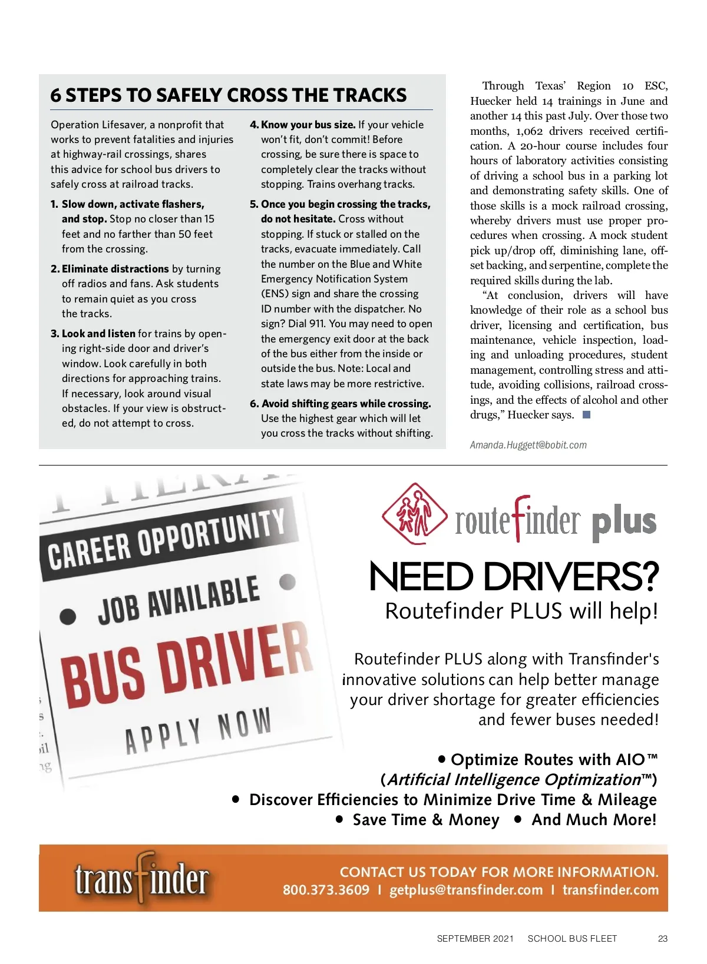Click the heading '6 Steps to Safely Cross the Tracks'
pos(229,95)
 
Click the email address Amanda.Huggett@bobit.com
pos(528,445)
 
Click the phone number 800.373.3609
pos(326,890)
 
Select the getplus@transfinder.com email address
pos(466,890)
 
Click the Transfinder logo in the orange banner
pos(141,879)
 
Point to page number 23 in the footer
pos(663,939)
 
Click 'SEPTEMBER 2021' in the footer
pos(475,939)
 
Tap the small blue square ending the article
pos(586,415)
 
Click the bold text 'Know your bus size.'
pos(308,125)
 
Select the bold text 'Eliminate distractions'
pos(115,269)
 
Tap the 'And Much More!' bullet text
pos(594,820)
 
